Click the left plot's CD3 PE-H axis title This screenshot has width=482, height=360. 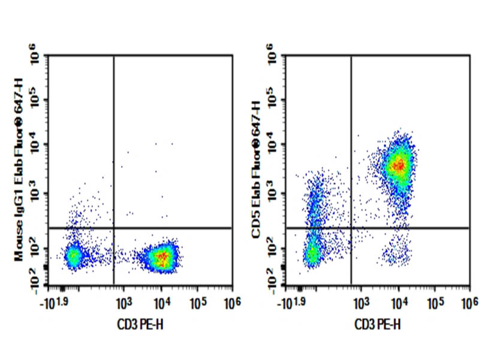click(x=140, y=325)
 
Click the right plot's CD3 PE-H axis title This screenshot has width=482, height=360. click(x=377, y=325)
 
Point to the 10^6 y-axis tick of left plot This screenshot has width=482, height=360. click(x=38, y=57)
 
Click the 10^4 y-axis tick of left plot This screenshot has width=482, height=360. click(x=38, y=146)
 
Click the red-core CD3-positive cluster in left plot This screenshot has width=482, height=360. click(x=161, y=258)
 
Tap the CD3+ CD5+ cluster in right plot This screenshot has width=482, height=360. click(x=399, y=164)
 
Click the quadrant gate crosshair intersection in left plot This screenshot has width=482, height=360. click(x=113, y=228)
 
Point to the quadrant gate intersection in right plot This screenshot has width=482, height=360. click(x=351, y=228)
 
